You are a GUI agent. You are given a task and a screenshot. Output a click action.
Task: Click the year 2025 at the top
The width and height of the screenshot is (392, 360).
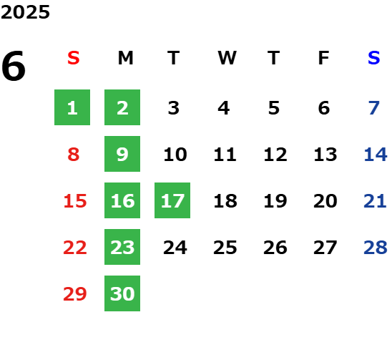[x=25, y=12]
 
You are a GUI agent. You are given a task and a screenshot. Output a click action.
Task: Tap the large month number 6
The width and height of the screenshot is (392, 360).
[x=14, y=66]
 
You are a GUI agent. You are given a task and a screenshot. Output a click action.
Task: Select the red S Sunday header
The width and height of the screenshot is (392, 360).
[x=74, y=58]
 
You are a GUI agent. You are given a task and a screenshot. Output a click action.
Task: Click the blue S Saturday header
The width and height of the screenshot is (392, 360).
[x=374, y=58]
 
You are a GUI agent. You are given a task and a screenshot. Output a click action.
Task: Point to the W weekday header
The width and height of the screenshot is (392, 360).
[x=227, y=58]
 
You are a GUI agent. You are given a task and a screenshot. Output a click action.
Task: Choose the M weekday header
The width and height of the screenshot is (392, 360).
[x=125, y=58]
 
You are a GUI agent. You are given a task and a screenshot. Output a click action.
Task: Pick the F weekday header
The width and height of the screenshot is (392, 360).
[x=324, y=58]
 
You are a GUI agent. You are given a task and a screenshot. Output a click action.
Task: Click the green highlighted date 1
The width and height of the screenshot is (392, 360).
[x=72, y=107]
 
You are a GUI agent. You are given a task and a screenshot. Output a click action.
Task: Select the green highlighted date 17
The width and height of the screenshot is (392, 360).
[x=172, y=200]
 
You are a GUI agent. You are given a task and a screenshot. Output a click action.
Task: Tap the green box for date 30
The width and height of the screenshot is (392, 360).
[x=122, y=293]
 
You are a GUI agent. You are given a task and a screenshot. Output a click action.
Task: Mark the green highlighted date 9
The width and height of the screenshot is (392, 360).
[x=122, y=154]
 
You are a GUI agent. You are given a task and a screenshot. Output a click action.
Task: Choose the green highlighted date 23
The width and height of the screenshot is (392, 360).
[x=122, y=247]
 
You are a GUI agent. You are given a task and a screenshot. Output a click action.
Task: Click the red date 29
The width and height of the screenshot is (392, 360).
[x=75, y=293]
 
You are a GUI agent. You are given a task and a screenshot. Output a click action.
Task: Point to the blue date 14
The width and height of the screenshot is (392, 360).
[x=376, y=154]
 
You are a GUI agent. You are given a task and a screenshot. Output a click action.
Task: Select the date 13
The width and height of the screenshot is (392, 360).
[x=325, y=154]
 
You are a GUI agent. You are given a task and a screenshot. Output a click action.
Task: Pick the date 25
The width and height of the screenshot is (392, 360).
[x=225, y=247]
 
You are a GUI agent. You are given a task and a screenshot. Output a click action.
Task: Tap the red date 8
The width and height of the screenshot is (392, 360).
[x=74, y=154]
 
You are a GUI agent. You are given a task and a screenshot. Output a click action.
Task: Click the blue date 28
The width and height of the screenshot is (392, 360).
[x=376, y=247]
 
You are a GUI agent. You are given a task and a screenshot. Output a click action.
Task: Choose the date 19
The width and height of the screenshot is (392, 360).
[x=275, y=200]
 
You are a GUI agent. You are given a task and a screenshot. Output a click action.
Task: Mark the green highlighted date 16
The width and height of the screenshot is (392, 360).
[x=122, y=200]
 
